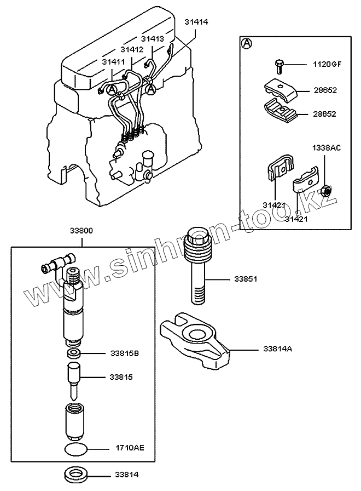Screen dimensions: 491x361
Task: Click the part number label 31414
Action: click(197, 22)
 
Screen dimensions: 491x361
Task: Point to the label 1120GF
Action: click(327, 64)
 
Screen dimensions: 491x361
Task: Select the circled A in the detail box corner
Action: click(247, 43)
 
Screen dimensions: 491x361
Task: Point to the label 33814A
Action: click(278, 348)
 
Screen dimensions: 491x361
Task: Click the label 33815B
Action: click(125, 353)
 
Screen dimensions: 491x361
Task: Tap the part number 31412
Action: click(132, 49)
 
